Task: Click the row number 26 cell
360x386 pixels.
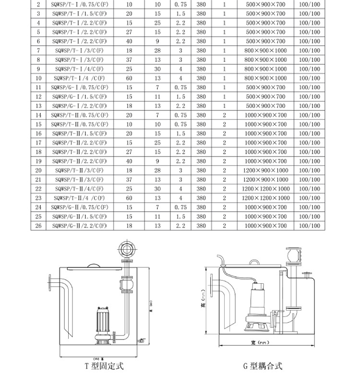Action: [38, 226]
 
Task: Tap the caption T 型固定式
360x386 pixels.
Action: [104, 366]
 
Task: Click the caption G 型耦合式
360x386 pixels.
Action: [263, 366]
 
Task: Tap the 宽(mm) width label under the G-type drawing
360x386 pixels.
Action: [259, 342]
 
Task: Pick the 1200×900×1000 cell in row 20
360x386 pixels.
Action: [265, 170]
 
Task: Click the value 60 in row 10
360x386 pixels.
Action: [129, 78]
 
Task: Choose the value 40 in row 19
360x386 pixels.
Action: [129, 161]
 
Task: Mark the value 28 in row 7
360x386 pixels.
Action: [158, 50]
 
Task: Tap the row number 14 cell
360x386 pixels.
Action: [38, 115]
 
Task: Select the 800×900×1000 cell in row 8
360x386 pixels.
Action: [265, 60]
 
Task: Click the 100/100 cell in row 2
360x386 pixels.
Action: [309, 4]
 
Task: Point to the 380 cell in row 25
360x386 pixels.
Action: [201, 217]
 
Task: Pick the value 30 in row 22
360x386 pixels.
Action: [158, 189]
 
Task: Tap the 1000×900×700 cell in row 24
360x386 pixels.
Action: [265, 207]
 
